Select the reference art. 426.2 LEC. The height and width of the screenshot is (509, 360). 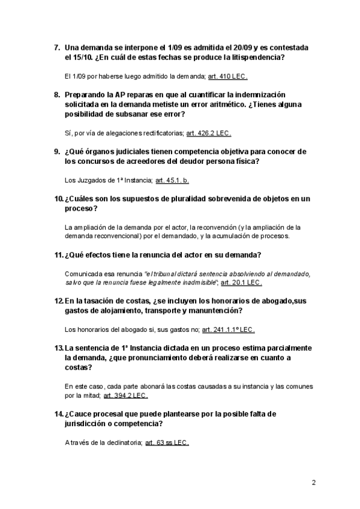tap(209, 133)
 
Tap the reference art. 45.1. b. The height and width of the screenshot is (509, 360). tap(172, 179)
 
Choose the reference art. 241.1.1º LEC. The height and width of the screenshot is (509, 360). tap(228, 330)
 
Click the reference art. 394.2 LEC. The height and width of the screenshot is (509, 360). tap(125, 396)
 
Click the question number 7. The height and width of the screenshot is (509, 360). tap(57, 47)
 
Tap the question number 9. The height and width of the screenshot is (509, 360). tap(57, 151)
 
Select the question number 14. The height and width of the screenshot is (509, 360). tap(59, 415)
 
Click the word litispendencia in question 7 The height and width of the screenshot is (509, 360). tap(247, 57)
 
